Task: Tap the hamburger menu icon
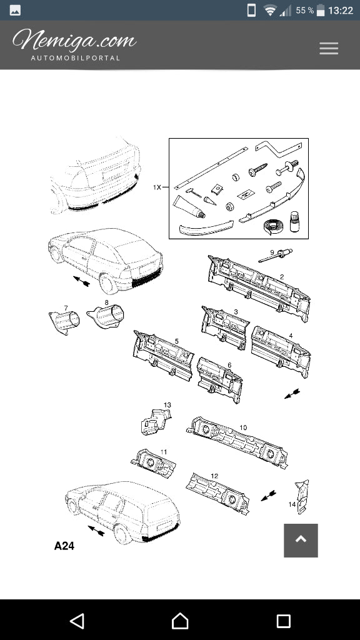click(329, 48)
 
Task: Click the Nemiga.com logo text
click(74, 40)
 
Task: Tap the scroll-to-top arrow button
click(301, 540)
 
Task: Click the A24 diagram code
click(64, 546)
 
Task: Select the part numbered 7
click(64, 322)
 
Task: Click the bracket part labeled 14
click(303, 496)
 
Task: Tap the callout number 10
click(243, 427)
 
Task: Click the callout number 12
click(215, 476)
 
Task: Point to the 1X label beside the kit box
click(157, 187)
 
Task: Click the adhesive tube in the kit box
click(189, 206)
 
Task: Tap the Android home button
click(180, 621)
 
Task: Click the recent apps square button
click(283, 621)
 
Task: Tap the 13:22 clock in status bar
click(341, 11)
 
